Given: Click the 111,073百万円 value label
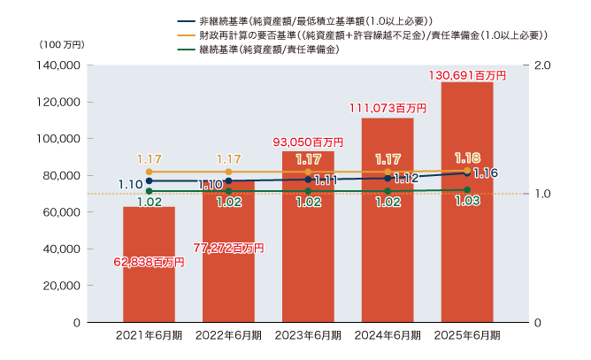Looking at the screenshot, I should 388,109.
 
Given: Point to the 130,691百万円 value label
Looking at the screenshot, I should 467,76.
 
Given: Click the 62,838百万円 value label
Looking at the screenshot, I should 149,262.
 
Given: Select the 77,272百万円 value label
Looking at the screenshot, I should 228,249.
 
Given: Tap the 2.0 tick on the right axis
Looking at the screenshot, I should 543,65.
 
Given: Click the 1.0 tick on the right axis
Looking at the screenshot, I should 543,194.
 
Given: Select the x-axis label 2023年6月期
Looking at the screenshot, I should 308,335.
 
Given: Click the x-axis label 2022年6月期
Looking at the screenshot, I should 228,335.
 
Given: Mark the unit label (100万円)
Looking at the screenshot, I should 61,44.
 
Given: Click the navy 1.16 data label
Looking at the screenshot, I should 486,173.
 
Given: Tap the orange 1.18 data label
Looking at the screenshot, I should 467,157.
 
